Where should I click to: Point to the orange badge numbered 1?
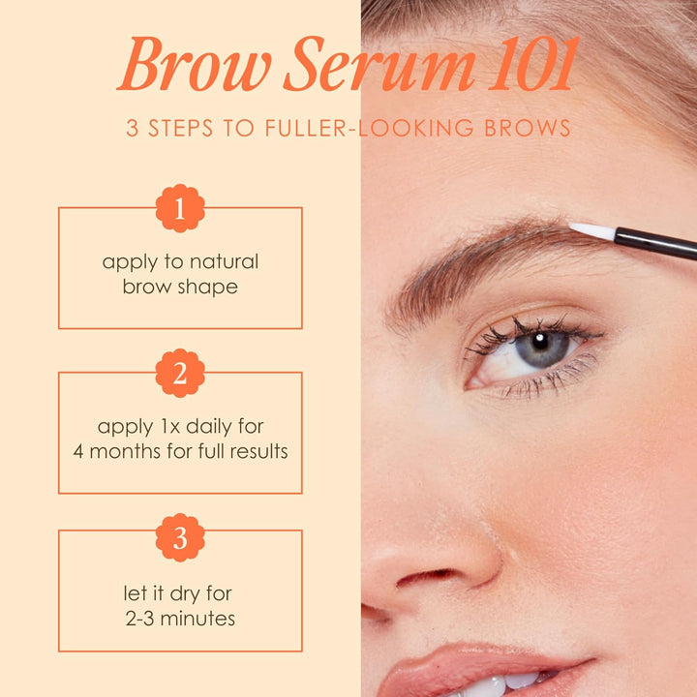[x=180, y=208]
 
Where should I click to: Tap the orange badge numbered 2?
[x=180, y=374]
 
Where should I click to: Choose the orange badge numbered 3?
[x=180, y=538]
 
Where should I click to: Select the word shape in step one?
[x=207, y=287]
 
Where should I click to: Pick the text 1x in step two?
[x=170, y=426]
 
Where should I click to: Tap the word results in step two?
[x=256, y=451]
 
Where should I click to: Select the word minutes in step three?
[x=199, y=617]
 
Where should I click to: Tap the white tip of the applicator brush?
[x=590, y=230]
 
